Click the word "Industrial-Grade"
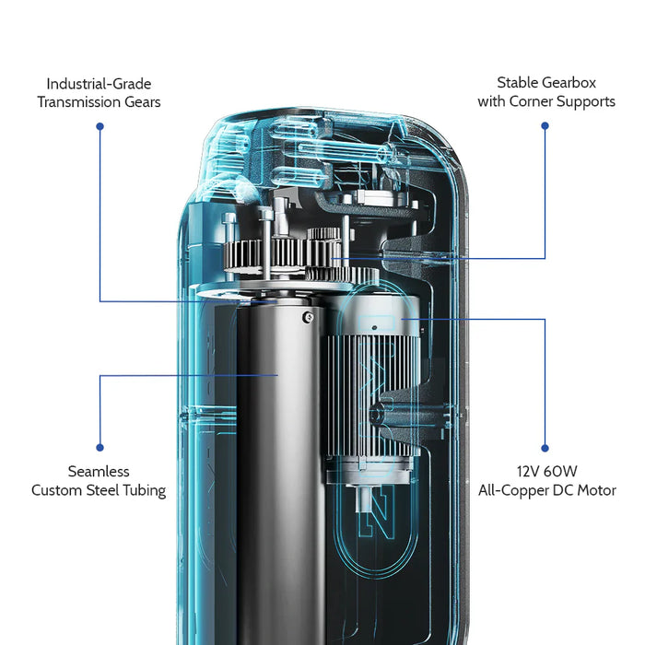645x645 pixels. [99, 83]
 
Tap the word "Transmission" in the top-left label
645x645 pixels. [78, 102]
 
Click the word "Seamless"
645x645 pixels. [99, 471]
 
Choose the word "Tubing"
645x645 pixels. [142, 490]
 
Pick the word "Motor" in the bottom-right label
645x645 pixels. [594, 490]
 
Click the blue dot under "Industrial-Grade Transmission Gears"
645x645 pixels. [100, 125]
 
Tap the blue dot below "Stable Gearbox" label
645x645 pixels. [545, 125]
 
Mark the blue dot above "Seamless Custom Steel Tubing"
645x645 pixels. [100, 449]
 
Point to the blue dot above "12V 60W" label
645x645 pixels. [545, 449]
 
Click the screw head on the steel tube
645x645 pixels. [307, 317]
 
